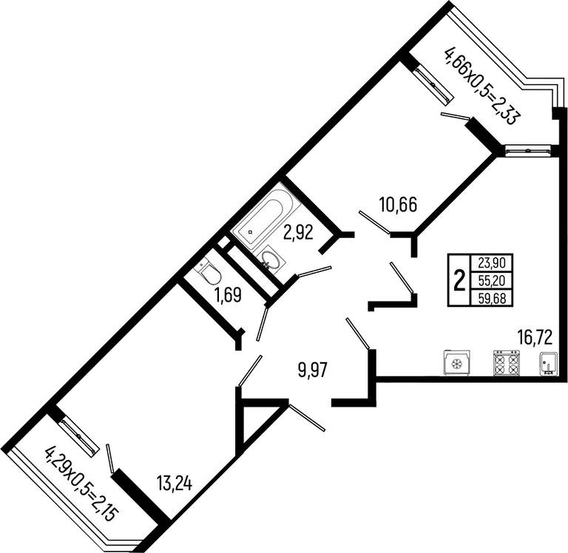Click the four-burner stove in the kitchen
tap(505, 362)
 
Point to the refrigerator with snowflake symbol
tap(457, 362)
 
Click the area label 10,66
tap(398, 204)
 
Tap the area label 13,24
tap(174, 483)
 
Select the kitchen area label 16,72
tap(534, 338)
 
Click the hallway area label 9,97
tap(313, 370)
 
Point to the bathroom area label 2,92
tap(298, 233)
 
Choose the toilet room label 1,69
tap(228, 295)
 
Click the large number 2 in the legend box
tap(459, 280)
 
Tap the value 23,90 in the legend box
tap(492, 262)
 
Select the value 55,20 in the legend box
tap(492, 280)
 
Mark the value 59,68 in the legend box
tap(492, 298)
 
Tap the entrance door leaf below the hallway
tap(307, 418)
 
